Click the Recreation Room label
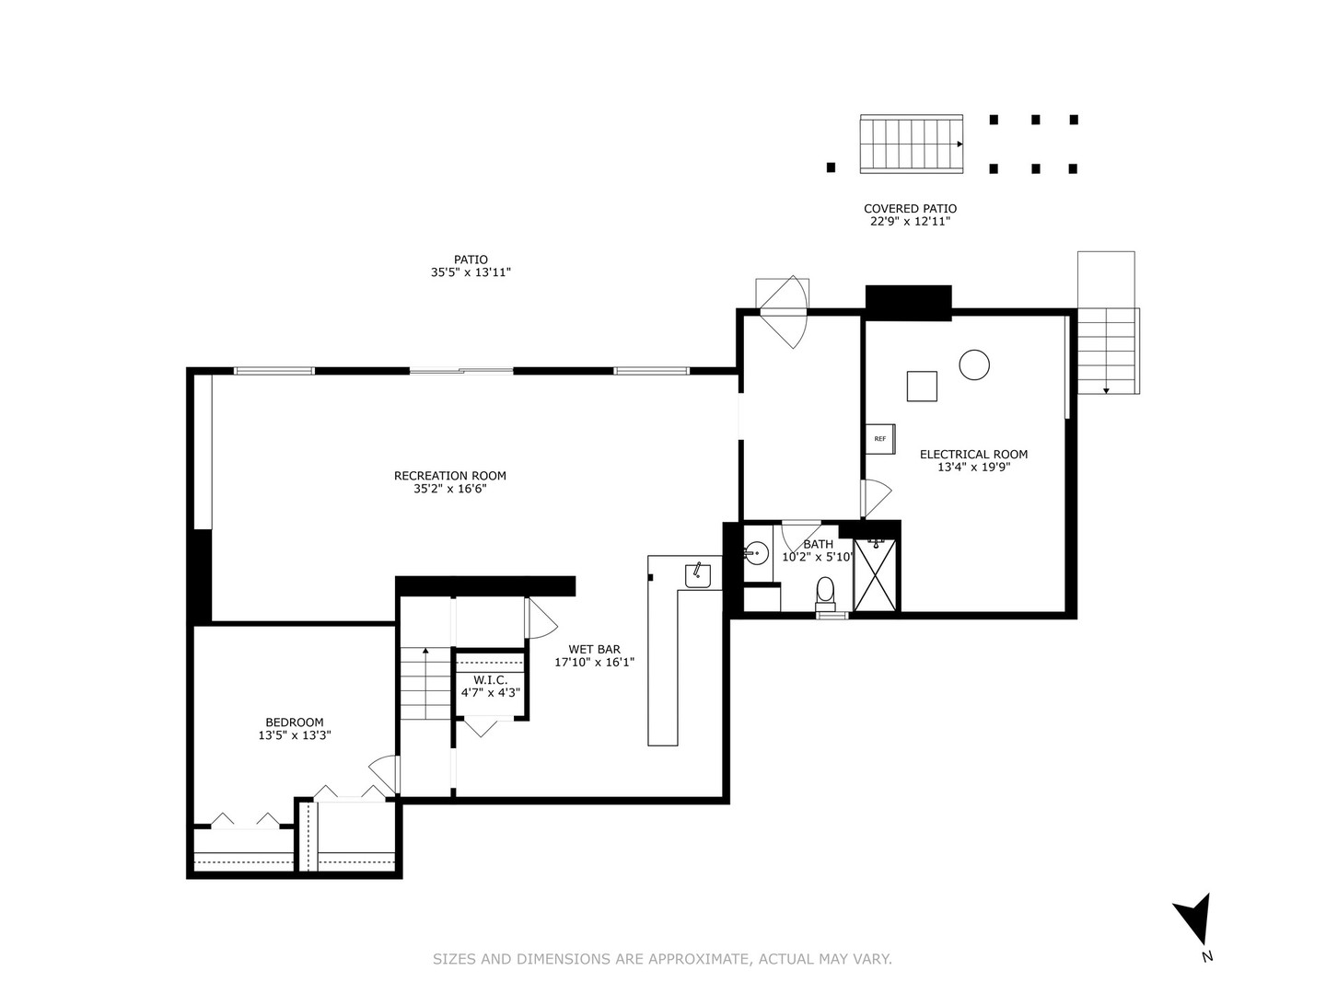pos(449,476)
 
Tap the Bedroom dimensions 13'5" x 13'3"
pos(294,735)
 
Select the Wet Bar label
pos(594,649)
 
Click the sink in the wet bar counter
pos(697,575)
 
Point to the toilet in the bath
pos(825,591)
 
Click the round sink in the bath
pos(756,553)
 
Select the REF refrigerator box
pos(879,439)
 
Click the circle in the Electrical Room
pos(973,364)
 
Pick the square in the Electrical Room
pos(921,386)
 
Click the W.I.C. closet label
pos(490,679)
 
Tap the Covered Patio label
pos(910,209)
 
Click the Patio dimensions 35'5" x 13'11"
pos(471,272)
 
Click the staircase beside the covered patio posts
pos(911,144)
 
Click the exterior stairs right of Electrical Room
pos(1108,351)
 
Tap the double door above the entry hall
pos(781,311)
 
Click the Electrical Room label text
pos(973,454)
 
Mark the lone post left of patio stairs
pos(831,168)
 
